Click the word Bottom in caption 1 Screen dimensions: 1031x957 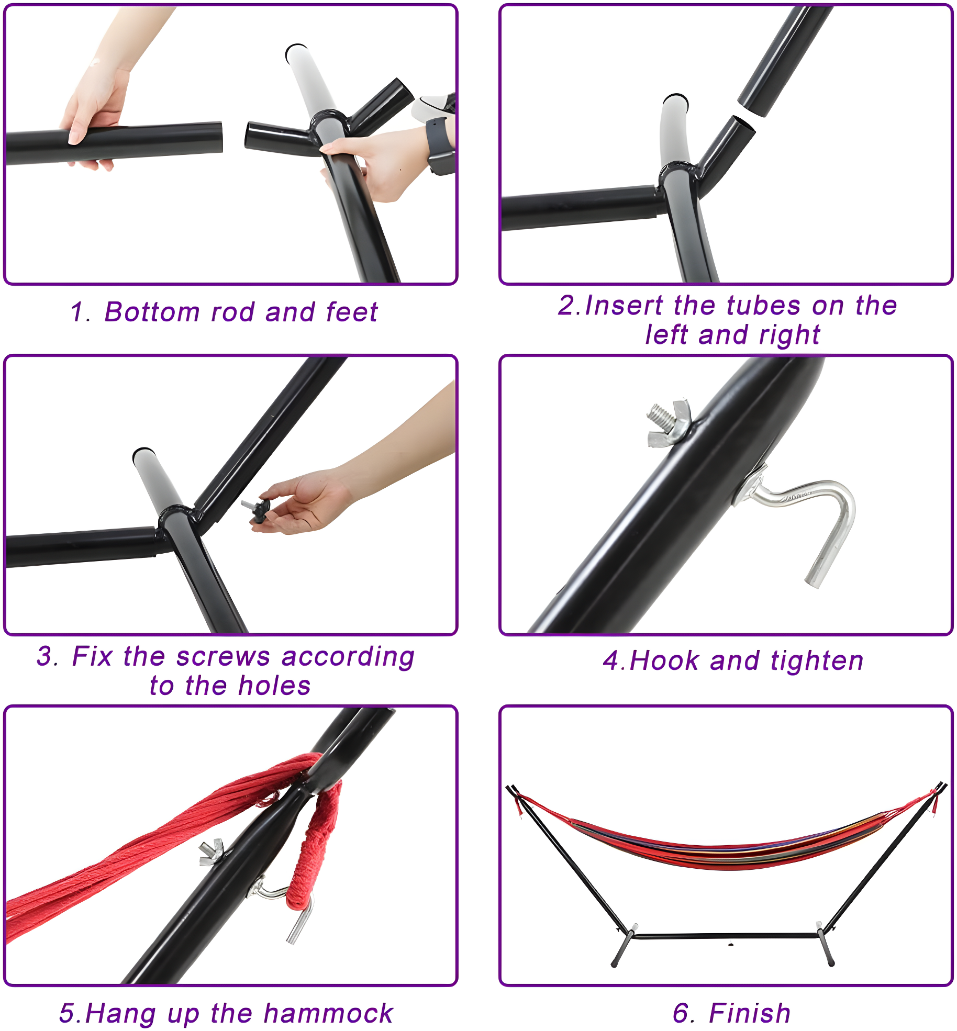point(152,312)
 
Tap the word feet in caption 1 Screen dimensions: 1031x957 point(351,312)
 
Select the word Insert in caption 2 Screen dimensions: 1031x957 point(624,306)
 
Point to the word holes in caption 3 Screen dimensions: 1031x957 point(274,686)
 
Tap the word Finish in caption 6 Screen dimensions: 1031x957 point(749,1013)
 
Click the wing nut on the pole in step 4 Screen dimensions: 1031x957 point(669,422)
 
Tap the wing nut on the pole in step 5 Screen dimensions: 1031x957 point(212,853)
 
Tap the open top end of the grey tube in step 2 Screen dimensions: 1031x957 point(675,99)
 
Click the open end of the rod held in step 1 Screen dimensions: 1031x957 point(220,137)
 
